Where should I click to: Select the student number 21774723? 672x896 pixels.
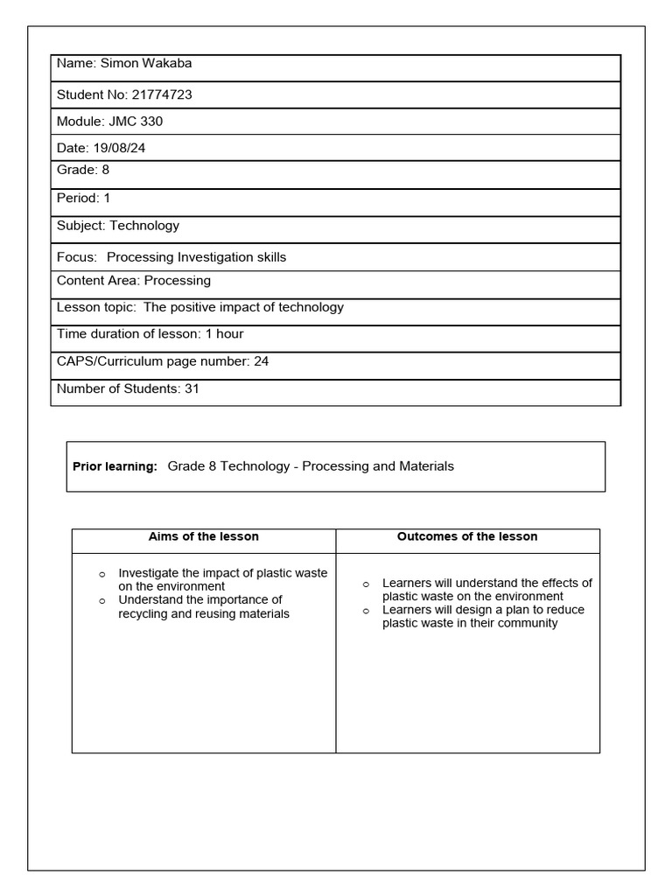point(162,94)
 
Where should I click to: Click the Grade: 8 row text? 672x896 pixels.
point(83,170)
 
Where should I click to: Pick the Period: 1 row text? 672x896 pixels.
point(84,198)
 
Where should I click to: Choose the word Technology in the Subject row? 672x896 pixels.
point(144,226)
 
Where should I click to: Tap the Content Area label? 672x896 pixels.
point(97,281)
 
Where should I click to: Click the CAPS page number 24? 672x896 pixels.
point(261,360)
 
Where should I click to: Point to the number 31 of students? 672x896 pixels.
point(192,388)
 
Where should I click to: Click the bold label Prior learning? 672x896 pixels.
point(115,467)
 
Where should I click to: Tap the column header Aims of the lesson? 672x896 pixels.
point(204,536)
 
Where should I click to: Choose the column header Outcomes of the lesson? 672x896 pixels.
point(467,536)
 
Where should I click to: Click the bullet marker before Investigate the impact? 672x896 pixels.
point(101,573)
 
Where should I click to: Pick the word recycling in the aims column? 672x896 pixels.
point(145,613)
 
